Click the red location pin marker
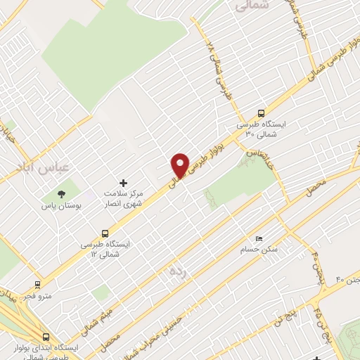click(x=180, y=165)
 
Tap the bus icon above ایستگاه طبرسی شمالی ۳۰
click(x=262, y=112)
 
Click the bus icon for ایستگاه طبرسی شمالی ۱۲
click(x=105, y=233)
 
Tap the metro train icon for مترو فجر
click(x=37, y=285)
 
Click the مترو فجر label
click(x=37, y=297)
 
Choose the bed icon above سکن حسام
click(x=259, y=239)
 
